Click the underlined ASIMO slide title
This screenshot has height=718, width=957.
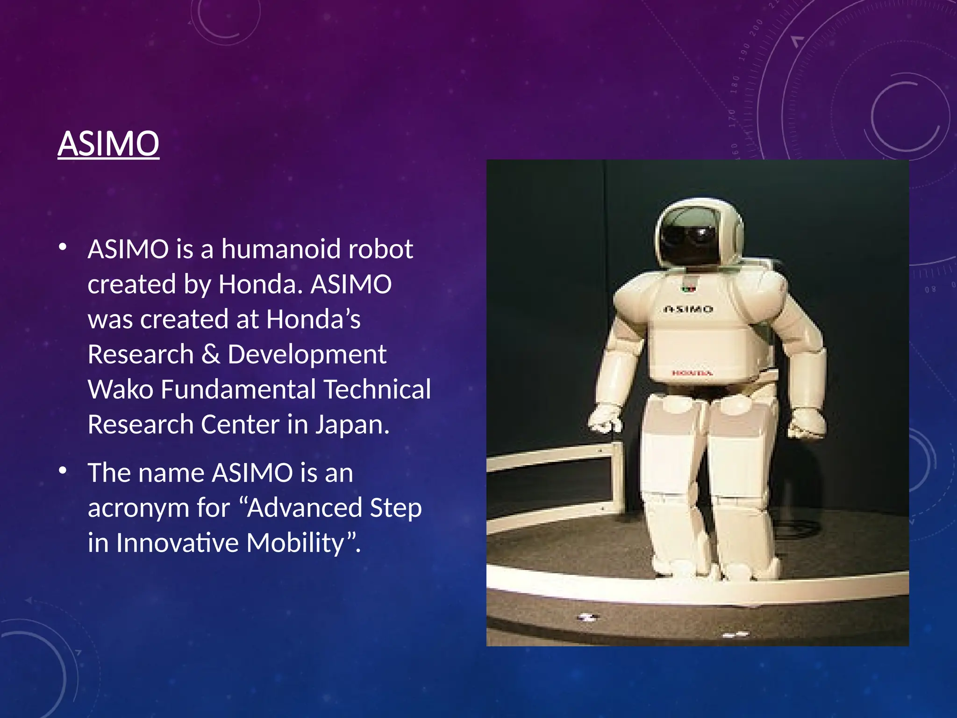[x=108, y=144]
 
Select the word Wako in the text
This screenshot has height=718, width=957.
[x=120, y=389]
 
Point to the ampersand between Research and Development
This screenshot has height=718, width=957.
[x=211, y=354]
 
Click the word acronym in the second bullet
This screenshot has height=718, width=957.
[x=138, y=509]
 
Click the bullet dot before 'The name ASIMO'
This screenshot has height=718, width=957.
[x=63, y=470]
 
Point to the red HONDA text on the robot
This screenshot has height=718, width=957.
[x=692, y=373]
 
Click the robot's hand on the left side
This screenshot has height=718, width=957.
[x=604, y=419]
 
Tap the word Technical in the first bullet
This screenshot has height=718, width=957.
[x=377, y=389]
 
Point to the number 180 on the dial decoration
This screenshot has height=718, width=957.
[x=735, y=85]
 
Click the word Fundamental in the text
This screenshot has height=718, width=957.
[x=238, y=389]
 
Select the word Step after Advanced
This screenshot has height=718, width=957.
[x=395, y=509]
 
